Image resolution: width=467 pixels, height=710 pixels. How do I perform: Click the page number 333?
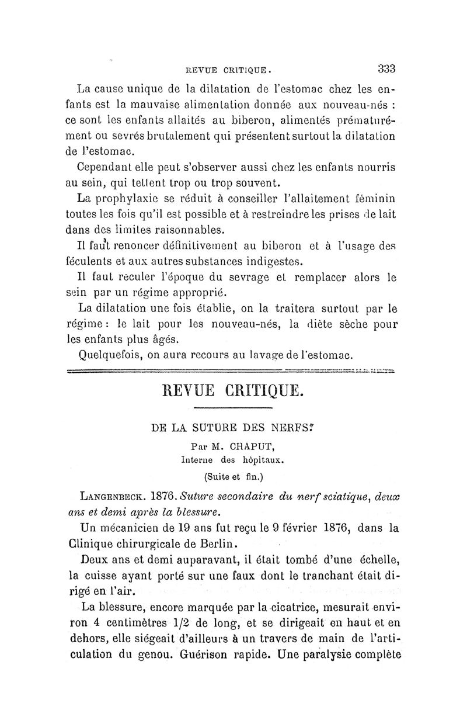pos(386,67)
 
